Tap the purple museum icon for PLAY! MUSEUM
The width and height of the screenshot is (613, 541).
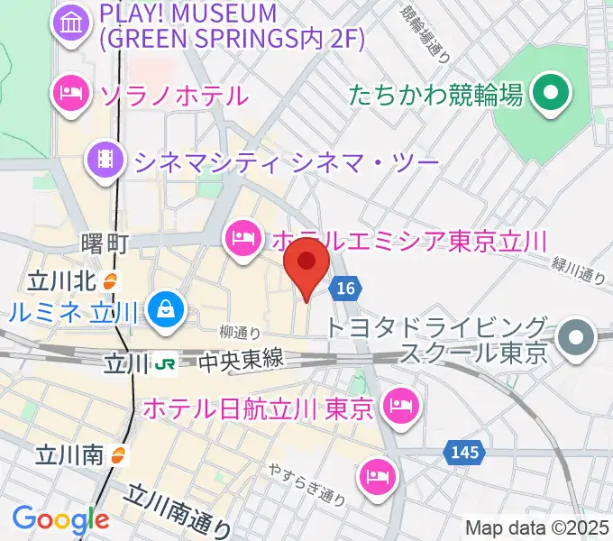(71, 25)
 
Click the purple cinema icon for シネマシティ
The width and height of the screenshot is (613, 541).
(105, 161)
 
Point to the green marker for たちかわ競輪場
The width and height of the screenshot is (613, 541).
(547, 93)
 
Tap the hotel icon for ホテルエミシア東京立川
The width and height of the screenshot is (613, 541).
(242, 239)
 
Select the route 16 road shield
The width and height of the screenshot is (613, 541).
(345, 289)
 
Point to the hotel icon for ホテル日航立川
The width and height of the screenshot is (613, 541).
(398, 408)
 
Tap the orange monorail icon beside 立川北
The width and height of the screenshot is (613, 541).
(110, 280)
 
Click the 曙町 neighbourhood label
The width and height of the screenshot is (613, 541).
(105, 243)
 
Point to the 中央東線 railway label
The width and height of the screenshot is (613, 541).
(241, 361)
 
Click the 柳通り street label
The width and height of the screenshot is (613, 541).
(241, 332)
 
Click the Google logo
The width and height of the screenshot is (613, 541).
(59, 519)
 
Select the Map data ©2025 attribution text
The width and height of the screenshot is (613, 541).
(536, 527)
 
